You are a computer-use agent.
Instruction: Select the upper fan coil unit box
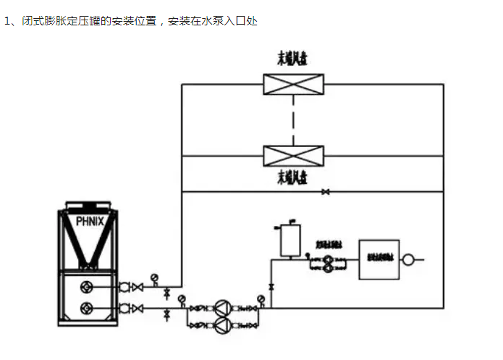(x=293, y=84)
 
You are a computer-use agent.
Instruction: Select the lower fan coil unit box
(x=293, y=156)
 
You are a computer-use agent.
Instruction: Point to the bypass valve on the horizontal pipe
(x=326, y=192)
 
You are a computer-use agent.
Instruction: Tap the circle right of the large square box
(x=408, y=259)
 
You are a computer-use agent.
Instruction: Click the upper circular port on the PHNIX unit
(x=88, y=286)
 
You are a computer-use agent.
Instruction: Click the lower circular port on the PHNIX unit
(x=88, y=308)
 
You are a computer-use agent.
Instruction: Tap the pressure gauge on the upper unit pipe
(x=154, y=278)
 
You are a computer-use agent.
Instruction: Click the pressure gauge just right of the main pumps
(x=261, y=298)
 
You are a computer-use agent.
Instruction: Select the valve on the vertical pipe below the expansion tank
(x=271, y=288)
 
